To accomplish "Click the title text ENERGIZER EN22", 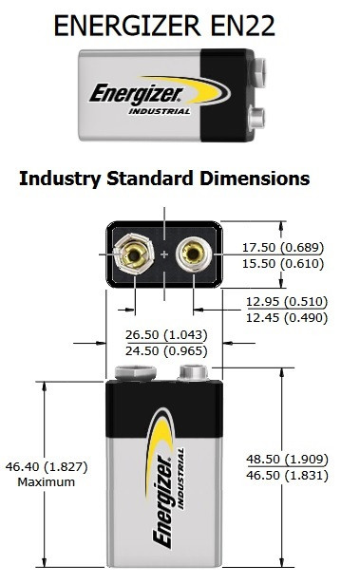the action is (x=164, y=26).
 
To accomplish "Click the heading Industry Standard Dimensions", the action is (x=164, y=179).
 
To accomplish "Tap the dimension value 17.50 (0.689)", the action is (x=283, y=247).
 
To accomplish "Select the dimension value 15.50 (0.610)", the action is (x=283, y=263).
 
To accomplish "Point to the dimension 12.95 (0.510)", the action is (x=287, y=301).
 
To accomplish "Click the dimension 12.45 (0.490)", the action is (x=287, y=318).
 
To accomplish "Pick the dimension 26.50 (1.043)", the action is (x=166, y=334).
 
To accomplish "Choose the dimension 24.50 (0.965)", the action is (x=166, y=350).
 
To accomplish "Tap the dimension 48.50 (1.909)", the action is (x=287, y=459).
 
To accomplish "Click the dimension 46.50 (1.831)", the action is (x=287, y=475).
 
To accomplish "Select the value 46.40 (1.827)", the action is (x=47, y=466).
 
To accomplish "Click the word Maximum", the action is (x=47, y=482).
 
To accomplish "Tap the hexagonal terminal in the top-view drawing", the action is (x=133, y=254).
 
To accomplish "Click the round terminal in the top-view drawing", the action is (x=194, y=254).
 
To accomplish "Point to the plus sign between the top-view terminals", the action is (x=164, y=254).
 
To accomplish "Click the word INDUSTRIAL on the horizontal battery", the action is (x=160, y=111).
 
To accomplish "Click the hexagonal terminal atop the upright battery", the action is (x=135, y=373).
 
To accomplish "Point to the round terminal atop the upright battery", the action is (x=194, y=373).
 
